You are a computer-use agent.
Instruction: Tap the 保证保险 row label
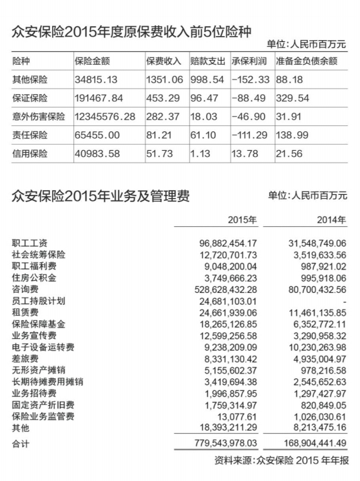click(30, 98)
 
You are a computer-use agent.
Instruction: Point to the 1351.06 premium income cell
click(163, 79)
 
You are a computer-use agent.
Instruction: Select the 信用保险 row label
click(30, 153)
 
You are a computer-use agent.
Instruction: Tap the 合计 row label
click(21, 443)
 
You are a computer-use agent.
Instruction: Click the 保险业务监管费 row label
click(43, 417)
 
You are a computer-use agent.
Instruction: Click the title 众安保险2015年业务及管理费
click(101, 196)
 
